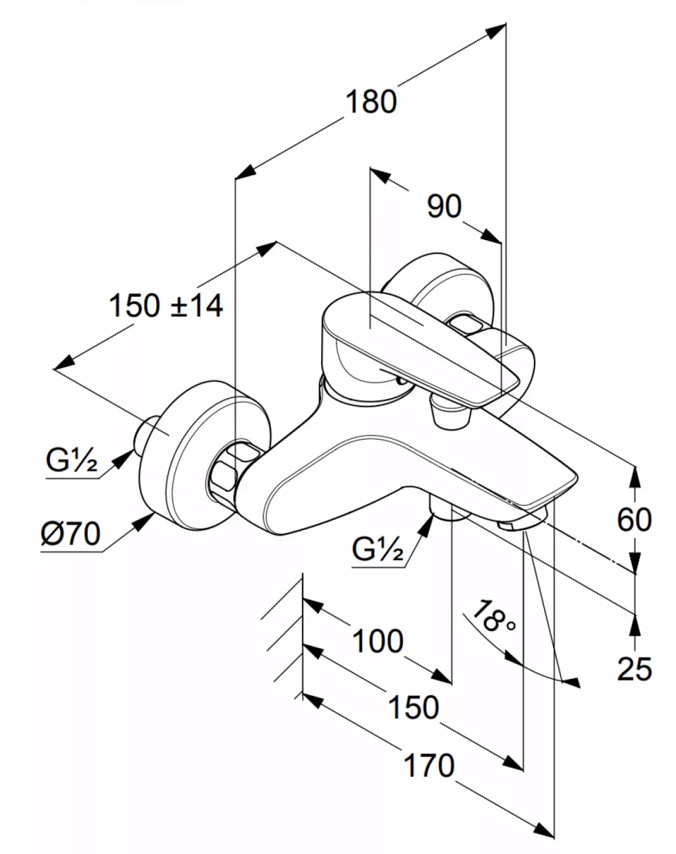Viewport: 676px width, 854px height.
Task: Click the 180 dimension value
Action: coord(371,101)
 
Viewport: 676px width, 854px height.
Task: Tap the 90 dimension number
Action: coord(444,206)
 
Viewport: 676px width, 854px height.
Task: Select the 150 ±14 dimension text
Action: coord(166,306)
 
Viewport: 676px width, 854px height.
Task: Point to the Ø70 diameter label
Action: coord(70,533)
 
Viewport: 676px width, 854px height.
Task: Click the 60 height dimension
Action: coord(634,519)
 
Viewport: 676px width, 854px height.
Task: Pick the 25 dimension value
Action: coord(634,669)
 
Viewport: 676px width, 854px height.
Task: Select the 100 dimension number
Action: coord(378,641)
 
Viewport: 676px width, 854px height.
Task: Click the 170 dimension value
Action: coord(429,765)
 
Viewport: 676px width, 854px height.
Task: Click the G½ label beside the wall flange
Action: coord(72,460)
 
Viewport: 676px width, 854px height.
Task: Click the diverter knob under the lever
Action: coord(450,414)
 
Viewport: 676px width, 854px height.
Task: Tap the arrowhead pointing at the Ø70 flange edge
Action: coord(143,521)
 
